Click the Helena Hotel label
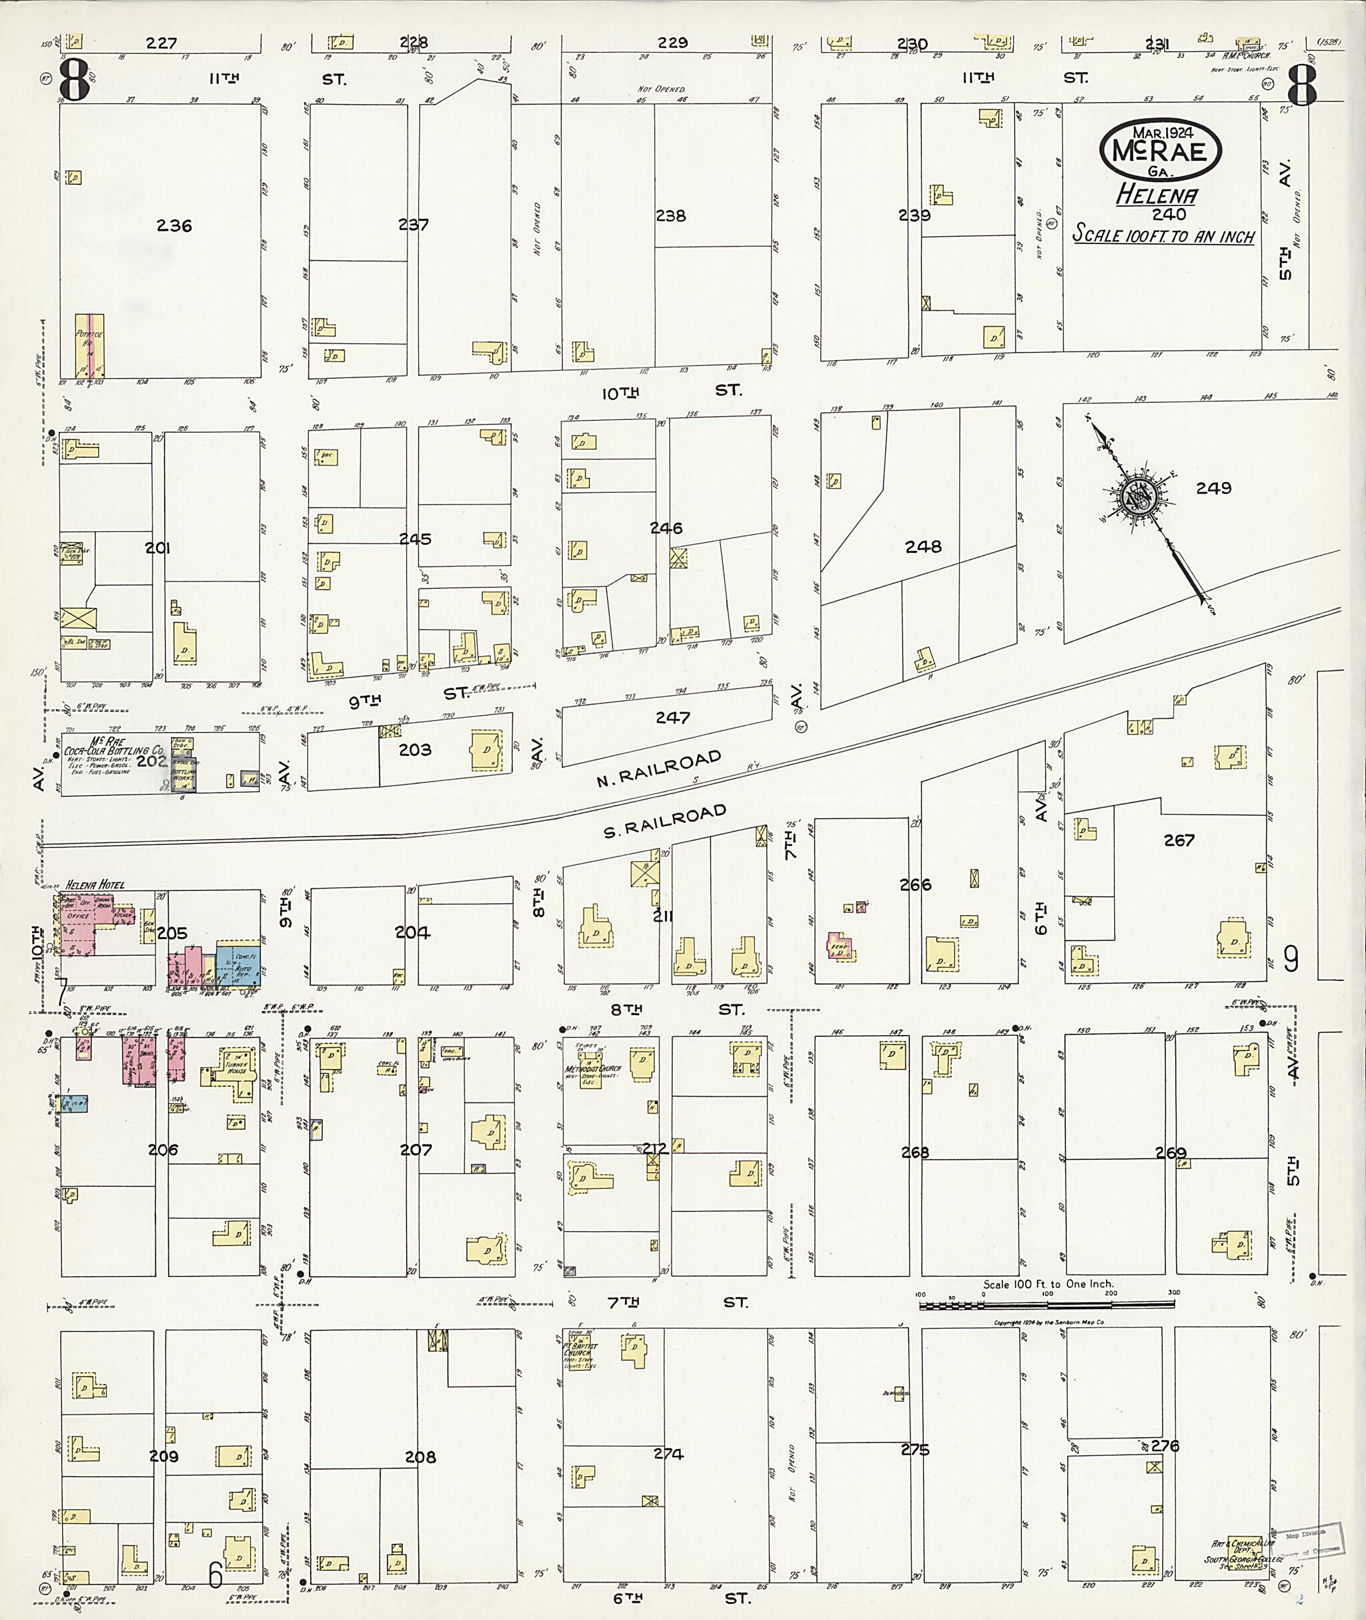95,884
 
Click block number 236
173,226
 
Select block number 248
923,547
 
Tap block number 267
1179,840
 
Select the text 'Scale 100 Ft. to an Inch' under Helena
1163,236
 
